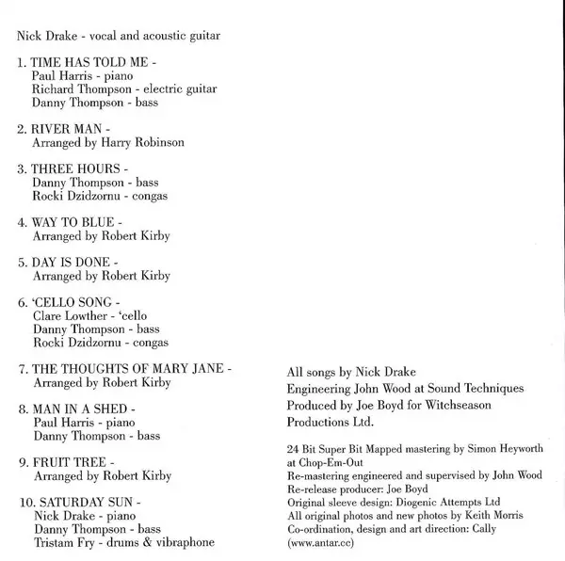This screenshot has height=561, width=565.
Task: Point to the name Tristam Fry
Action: (64, 542)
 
